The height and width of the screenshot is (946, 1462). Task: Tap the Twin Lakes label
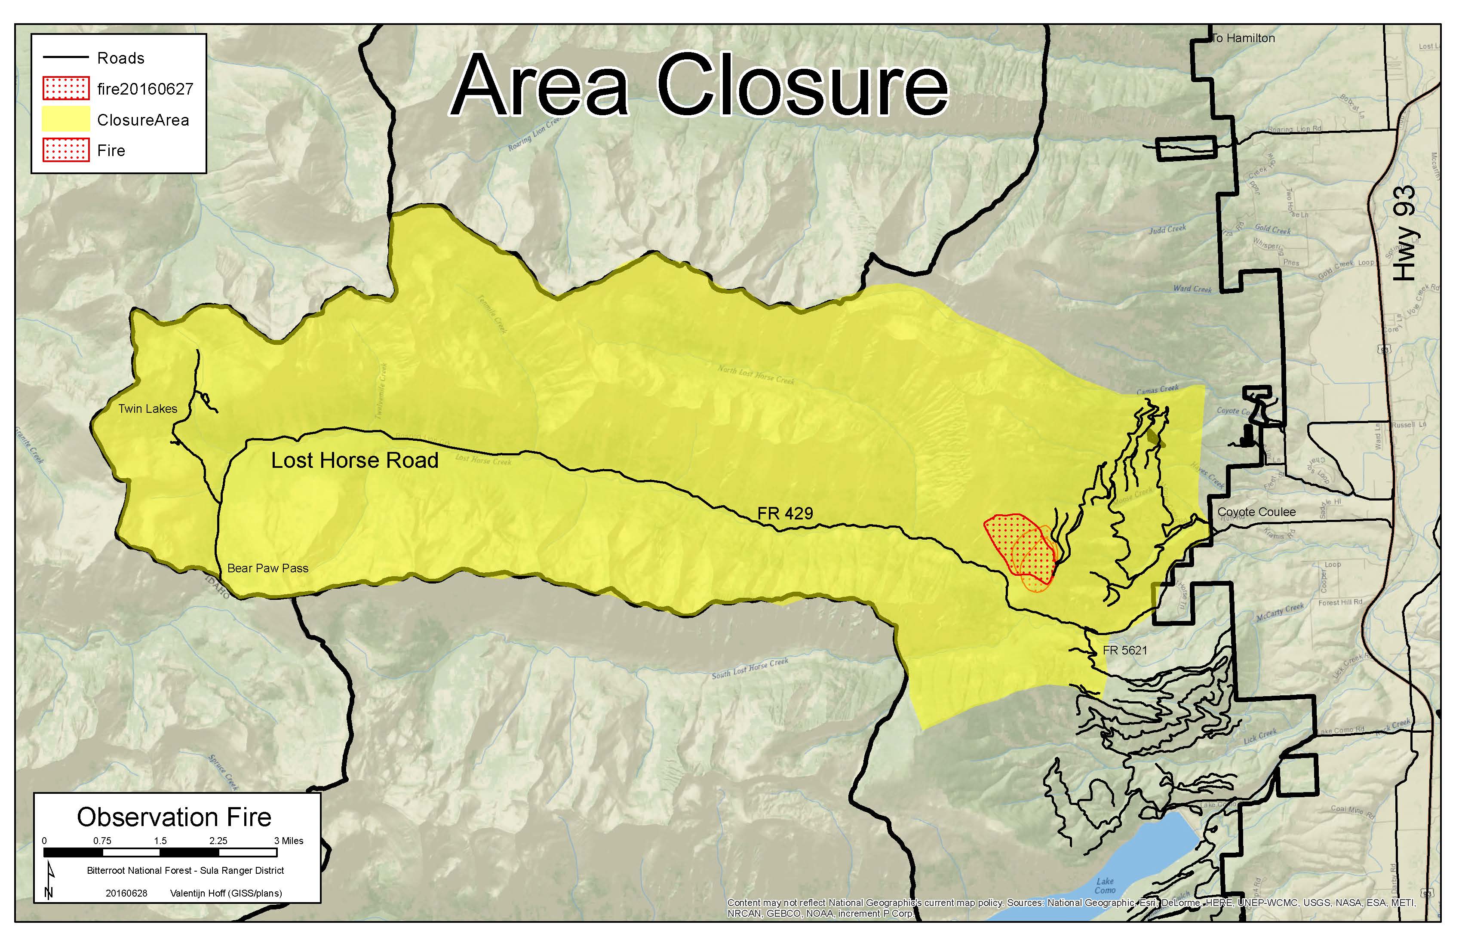click(x=147, y=409)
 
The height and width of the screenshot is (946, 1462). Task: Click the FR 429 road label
click(x=785, y=513)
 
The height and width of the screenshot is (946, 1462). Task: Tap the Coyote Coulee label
click(x=1256, y=512)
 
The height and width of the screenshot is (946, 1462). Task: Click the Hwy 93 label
click(x=1404, y=233)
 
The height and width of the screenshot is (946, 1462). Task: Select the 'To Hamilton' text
click(x=1243, y=38)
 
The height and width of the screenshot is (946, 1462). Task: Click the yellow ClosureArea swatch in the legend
click(x=66, y=120)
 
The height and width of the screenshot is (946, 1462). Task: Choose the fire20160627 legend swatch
click(x=66, y=89)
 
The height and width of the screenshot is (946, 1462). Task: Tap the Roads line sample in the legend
click(x=66, y=58)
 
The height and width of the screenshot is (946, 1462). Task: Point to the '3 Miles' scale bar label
click(x=289, y=841)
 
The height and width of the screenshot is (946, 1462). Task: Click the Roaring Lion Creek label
click(x=534, y=134)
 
